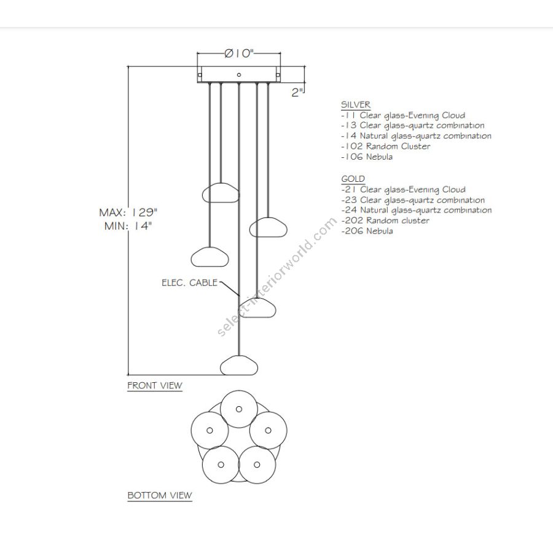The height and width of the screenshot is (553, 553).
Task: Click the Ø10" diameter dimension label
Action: (239, 54)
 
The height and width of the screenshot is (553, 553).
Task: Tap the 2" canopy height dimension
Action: (298, 92)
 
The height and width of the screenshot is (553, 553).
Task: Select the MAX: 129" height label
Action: (128, 213)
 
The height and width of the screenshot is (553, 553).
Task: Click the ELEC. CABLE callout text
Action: (189, 283)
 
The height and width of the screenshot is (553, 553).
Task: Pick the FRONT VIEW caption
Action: (154, 386)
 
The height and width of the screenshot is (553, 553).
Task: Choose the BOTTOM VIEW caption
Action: (160, 495)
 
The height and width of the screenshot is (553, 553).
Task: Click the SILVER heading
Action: (356, 104)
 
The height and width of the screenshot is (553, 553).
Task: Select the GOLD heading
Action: (353, 179)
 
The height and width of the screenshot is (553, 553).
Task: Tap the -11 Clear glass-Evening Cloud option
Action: (403, 116)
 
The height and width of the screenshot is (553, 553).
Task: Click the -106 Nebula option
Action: (367, 157)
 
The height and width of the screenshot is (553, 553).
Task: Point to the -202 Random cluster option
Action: (385, 221)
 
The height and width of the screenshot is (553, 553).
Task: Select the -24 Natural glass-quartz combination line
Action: (416, 210)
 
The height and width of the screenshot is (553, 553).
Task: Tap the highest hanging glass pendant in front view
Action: (221, 192)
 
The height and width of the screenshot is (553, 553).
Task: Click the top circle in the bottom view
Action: (238, 406)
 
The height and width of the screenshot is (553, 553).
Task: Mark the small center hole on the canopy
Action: (239, 75)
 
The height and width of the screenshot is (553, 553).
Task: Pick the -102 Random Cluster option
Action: (386, 146)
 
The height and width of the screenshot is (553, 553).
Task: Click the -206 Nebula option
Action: (367, 231)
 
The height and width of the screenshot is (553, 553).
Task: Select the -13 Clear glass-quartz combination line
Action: (413, 126)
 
